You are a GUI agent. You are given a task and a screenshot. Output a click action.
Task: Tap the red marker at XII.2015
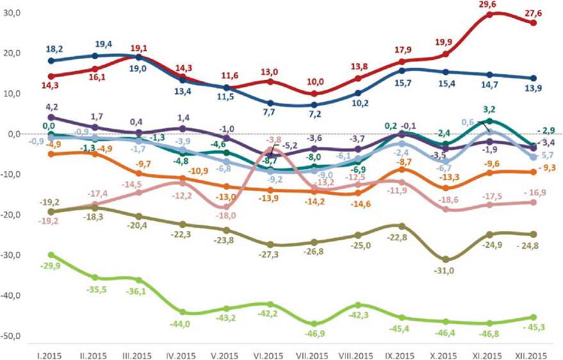(x=533, y=22)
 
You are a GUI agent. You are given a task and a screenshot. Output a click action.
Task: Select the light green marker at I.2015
(x=51, y=255)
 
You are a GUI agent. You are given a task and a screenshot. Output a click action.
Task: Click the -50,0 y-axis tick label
(x=12, y=336)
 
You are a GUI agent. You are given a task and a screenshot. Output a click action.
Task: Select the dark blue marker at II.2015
(x=95, y=56)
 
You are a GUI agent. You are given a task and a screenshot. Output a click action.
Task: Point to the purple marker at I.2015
(x=51, y=117)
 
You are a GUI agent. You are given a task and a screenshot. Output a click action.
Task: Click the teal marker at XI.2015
(x=489, y=121)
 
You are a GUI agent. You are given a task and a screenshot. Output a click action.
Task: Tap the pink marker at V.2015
(x=226, y=207)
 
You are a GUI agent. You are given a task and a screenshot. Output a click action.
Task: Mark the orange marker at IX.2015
(x=402, y=169)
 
